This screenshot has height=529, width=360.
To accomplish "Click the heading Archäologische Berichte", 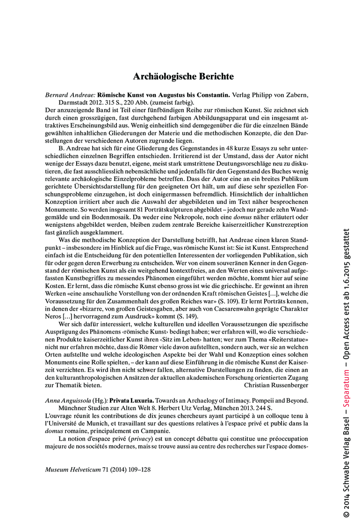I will [x=183, y=76].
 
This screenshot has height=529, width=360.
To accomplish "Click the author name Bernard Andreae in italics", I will [x=70, y=94].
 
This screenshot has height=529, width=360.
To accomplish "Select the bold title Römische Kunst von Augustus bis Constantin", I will [x=164, y=94].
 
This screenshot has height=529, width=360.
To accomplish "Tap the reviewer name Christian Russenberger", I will [x=276, y=385].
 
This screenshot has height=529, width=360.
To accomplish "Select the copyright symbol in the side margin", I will [x=346, y=514].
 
